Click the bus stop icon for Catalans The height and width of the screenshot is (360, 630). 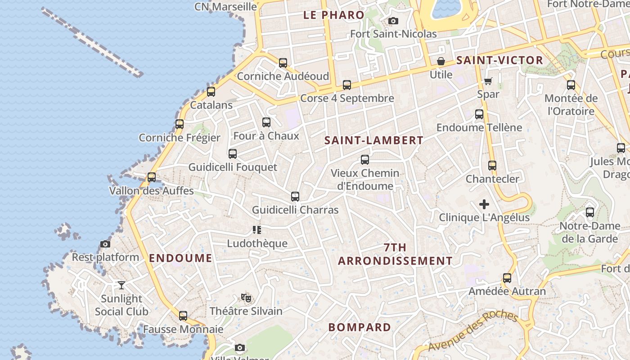(x=211, y=92)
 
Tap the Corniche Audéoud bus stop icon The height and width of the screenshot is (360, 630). (x=283, y=63)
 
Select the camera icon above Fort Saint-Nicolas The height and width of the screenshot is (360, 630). (x=393, y=21)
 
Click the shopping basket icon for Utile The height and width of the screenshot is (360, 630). (x=441, y=61)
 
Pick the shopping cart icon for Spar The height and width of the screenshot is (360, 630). (x=488, y=81)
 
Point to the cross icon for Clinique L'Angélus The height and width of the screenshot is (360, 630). (x=484, y=205)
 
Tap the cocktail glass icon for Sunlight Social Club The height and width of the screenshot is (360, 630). (x=121, y=285)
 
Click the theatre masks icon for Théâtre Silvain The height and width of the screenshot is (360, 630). (x=246, y=297)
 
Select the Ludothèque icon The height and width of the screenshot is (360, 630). (x=257, y=230)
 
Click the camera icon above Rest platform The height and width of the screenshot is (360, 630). (x=105, y=244)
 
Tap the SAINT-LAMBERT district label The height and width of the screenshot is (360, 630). (x=374, y=140)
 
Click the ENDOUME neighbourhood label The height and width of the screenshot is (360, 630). (x=180, y=258)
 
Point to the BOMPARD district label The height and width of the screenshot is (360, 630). (x=360, y=327)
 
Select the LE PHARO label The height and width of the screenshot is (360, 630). (x=334, y=15)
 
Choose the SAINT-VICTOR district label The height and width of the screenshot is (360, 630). (x=500, y=60)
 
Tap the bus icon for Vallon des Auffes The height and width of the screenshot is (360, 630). (x=152, y=177)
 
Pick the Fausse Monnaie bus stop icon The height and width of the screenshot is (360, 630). (x=183, y=316)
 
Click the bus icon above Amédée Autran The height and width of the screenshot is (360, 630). (x=507, y=278)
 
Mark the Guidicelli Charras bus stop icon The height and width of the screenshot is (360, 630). (x=295, y=197)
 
